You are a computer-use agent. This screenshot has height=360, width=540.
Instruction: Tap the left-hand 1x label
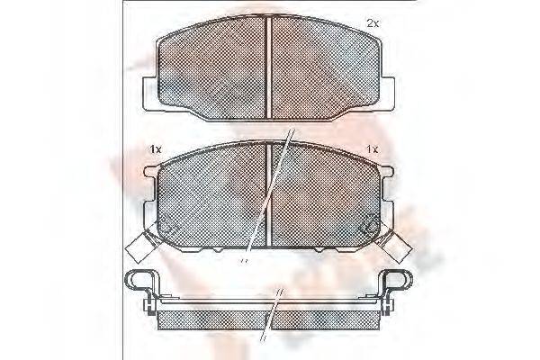coord(155,148)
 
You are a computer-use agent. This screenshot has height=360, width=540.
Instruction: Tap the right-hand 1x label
coord(373,148)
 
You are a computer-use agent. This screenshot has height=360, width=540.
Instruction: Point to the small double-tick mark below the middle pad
coord(242,262)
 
